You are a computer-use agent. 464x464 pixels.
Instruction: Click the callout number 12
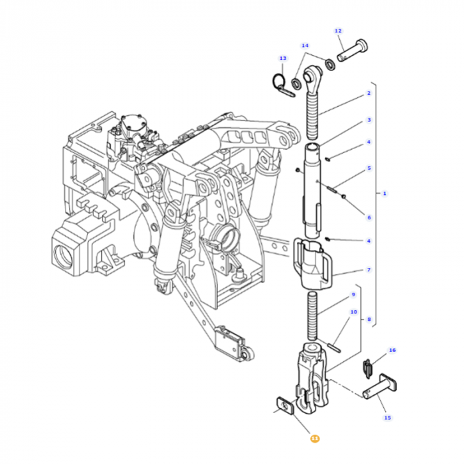(338, 31)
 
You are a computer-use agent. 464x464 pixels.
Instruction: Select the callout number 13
(282, 58)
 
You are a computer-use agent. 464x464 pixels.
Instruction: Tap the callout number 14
(305, 46)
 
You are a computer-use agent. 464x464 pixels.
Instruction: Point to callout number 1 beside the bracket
(384, 193)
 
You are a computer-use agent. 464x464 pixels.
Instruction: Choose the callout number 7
(369, 270)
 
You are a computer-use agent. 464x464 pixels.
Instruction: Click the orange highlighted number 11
(315, 438)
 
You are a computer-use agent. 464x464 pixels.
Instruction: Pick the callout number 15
(388, 418)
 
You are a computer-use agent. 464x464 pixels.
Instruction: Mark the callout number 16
(392, 350)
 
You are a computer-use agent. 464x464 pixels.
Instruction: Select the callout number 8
(369, 319)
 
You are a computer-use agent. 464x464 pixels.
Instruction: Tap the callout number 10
(353, 312)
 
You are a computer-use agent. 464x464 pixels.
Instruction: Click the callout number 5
(369, 169)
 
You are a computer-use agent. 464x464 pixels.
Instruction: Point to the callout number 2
(369, 93)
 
